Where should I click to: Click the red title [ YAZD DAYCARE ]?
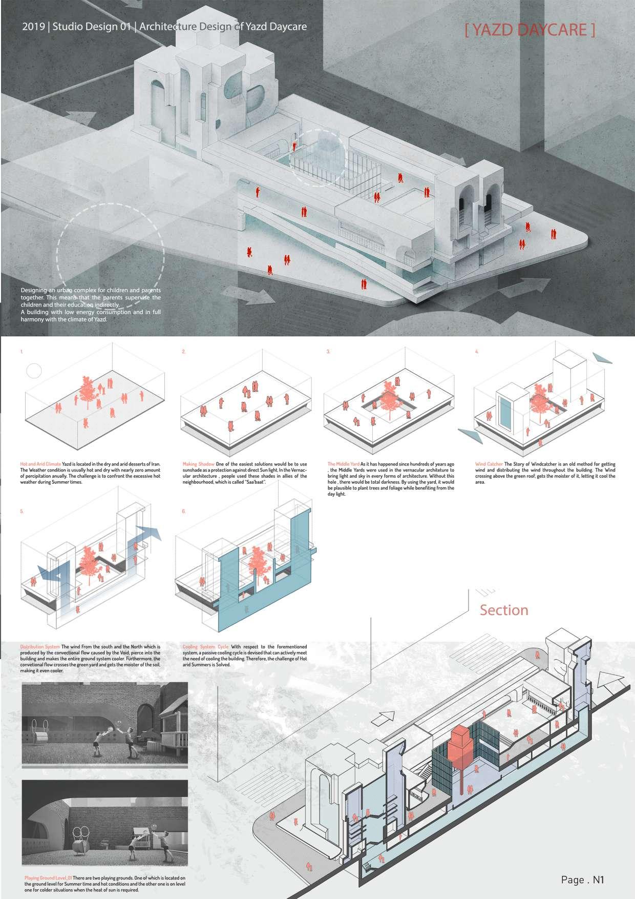[530, 30]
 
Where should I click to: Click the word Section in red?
[503, 610]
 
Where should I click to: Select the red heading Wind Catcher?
[489, 464]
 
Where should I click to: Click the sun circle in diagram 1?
[33, 370]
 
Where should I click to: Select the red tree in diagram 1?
[88, 391]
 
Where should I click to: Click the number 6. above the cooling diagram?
[184, 512]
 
